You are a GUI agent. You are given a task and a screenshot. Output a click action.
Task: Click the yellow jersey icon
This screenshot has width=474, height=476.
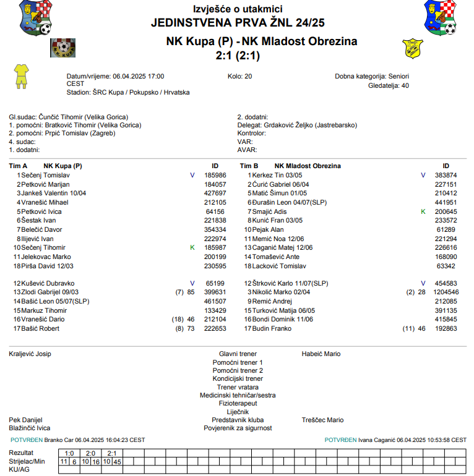point(21,75)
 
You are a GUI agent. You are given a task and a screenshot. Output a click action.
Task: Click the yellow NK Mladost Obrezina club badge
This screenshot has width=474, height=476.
point(412,48)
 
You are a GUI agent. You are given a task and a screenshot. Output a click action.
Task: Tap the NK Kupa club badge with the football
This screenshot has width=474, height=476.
point(61,48)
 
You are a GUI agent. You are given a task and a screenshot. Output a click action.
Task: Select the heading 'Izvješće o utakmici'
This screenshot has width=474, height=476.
point(238,9)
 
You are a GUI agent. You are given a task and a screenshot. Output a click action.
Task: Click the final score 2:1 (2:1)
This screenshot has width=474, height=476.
point(238,56)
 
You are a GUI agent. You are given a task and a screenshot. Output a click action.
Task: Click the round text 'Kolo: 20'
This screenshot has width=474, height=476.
point(240,76)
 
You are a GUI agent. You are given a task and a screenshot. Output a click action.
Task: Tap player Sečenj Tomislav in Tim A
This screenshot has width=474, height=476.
point(45,175)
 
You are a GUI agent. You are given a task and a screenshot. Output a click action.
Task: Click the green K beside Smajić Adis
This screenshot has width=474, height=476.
point(423,211)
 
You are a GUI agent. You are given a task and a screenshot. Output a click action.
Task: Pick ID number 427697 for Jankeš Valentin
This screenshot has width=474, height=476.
point(215,193)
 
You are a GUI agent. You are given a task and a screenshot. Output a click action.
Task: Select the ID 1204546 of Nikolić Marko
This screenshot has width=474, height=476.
point(446,292)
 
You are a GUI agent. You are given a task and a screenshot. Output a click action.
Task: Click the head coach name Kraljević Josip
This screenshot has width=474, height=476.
point(30,354)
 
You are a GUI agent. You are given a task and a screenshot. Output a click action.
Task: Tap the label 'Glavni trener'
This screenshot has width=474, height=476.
point(238,354)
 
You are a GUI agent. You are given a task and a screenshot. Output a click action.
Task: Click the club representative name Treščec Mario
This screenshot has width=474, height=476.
point(322,420)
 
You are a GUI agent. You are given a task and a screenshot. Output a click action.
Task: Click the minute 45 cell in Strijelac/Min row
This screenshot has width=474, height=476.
point(117,462)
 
